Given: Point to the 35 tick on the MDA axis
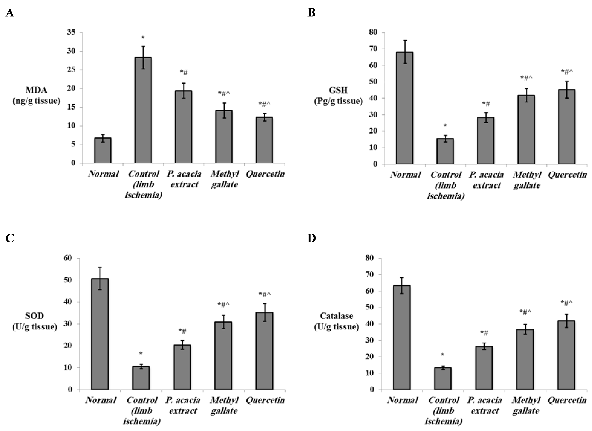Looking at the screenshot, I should coord(71,32).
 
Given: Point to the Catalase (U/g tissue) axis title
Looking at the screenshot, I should coord(336,321).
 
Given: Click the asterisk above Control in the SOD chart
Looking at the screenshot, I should coord(141,353).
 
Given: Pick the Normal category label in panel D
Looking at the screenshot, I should coord(402,400).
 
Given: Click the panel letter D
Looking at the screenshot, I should coord(312,238).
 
